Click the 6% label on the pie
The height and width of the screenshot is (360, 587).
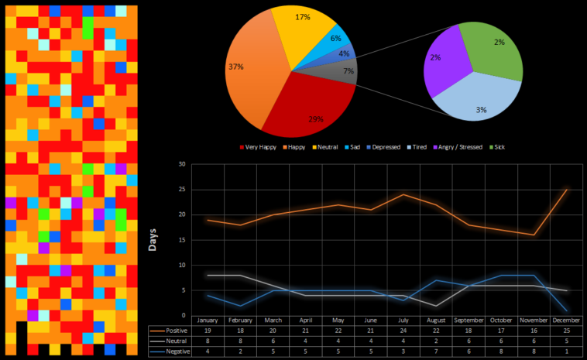tap(335, 38)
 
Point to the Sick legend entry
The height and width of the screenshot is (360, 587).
tap(496, 146)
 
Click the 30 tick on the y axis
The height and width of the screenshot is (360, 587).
tap(182, 164)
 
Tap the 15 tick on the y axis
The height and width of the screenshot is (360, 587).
tap(182, 240)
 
